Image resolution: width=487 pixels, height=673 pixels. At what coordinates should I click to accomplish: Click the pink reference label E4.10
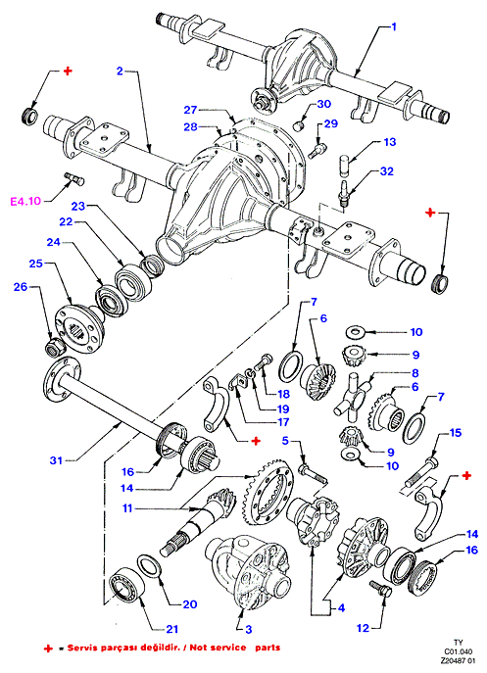pyautogui.click(x=25, y=201)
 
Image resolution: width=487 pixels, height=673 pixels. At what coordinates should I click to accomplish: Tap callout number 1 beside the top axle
pyautogui.click(x=393, y=26)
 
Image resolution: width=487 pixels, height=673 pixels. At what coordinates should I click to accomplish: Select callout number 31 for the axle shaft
pyautogui.click(x=56, y=460)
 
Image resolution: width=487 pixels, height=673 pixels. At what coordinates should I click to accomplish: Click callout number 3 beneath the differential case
pyautogui.click(x=249, y=630)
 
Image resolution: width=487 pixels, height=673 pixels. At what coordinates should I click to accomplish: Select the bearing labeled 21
pyautogui.click(x=126, y=585)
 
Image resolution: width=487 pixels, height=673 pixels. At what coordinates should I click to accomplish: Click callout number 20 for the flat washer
pyautogui.click(x=190, y=604)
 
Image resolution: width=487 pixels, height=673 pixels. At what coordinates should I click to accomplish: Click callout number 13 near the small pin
pyautogui.click(x=390, y=142)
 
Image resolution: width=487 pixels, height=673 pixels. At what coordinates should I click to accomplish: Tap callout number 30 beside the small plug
pyautogui.click(x=324, y=104)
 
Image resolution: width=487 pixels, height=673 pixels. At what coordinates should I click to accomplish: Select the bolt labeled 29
pyautogui.click(x=317, y=149)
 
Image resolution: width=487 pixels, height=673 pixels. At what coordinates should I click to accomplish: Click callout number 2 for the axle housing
pyautogui.click(x=121, y=71)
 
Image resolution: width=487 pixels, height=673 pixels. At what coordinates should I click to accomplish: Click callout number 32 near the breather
pyautogui.click(x=387, y=171)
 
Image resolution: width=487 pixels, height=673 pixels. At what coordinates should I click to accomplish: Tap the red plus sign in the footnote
pyautogui.click(x=49, y=649)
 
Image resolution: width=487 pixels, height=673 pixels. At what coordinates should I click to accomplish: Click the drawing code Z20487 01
pyautogui.click(x=459, y=662)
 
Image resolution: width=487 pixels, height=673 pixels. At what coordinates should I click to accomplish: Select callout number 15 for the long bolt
pyautogui.click(x=456, y=433)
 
